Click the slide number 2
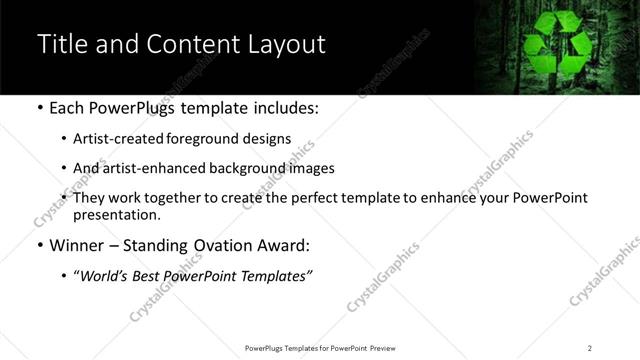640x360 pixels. coord(590,348)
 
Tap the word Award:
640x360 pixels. coord(283,246)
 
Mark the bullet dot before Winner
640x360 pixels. coord(39,246)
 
